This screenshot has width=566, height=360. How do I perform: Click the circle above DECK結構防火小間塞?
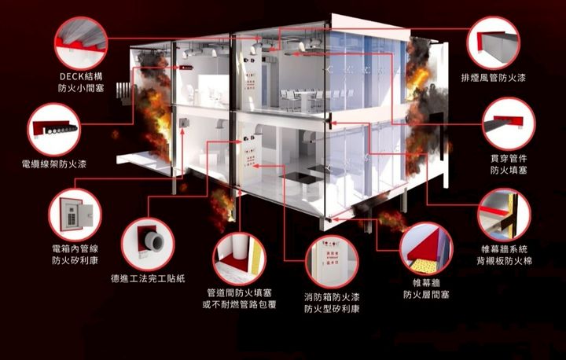tap(81, 41)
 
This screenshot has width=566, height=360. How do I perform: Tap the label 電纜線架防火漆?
tap(54, 164)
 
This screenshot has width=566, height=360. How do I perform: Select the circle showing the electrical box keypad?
tap(75, 213)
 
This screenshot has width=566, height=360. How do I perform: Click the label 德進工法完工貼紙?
tap(148, 277)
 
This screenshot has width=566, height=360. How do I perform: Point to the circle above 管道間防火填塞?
tap(239, 258)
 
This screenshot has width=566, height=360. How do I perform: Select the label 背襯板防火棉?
tap(504, 259)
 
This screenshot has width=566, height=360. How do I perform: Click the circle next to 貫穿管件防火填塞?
tap(509, 123)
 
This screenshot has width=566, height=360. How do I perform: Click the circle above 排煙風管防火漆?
tap(493, 42)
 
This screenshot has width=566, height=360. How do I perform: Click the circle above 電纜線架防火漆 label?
tap(54, 128)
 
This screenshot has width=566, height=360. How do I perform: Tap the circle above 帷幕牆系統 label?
tap(504, 213)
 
